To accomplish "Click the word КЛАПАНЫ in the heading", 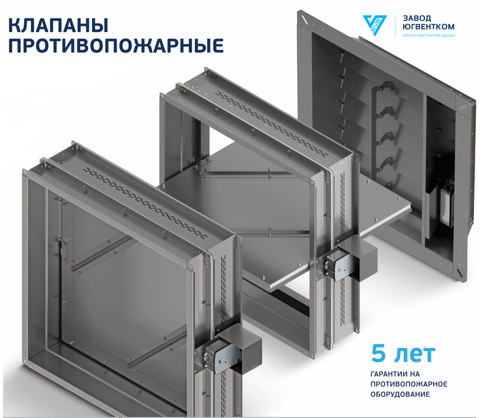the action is pyautogui.click(x=58, y=26).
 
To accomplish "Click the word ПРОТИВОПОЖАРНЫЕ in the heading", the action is pyautogui.click(x=116, y=46).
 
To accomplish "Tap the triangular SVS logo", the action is pyautogui.click(x=374, y=25).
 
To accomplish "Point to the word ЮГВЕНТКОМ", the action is pyautogui.click(x=428, y=27).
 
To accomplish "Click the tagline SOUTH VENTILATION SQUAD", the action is pyautogui.click(x=428, y=35).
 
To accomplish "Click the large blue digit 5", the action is pyautogui.click(x=378, y=354).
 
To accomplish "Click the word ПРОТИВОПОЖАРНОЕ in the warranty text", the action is pyautogui.click(x=409, y=384).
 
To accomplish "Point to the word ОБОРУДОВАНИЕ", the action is pyautogui.click(x=400, y=394).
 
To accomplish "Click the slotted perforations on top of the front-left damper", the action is pyautogui.click(x=147, y=203).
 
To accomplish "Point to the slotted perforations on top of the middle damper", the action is pyautogui.click(x=272, y=124).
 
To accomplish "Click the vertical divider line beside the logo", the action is pyautogui.click(x=395, y=26).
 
